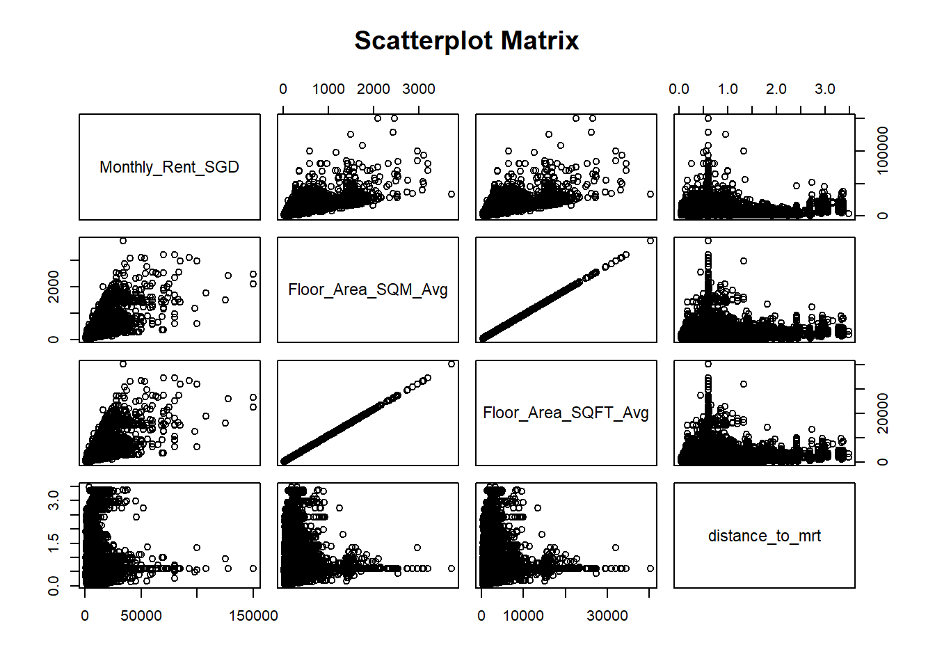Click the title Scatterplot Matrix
pos(466,40)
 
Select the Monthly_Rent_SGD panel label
pos(169,167)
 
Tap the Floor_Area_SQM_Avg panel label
pos(367,289)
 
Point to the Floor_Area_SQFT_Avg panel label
pos(566,413)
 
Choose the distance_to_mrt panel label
pos(764,536)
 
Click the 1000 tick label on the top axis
pos(328,89)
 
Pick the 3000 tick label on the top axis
pos(419,89)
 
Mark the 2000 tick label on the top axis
pos(374,89)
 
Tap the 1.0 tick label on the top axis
pos(728,89)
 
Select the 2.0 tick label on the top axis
pos(776,89)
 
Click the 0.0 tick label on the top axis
pos(679,89)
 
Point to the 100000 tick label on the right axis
pos(882,151)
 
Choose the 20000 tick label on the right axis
pos(882,413)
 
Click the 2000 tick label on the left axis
pos(54,287)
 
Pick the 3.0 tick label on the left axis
pos(54,499)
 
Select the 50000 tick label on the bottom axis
pos(141,616)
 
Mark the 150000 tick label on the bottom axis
pos(253,616)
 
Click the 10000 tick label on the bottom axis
pos(523,616)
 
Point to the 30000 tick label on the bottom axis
pos(607,616)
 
